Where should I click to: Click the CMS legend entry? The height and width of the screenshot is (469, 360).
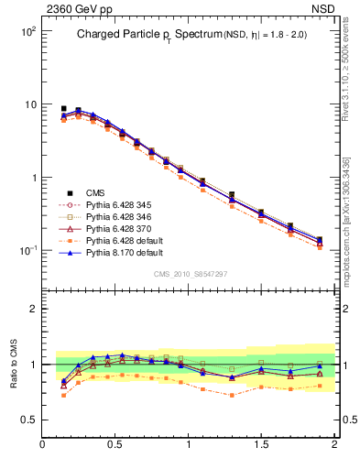(x=95, y=192)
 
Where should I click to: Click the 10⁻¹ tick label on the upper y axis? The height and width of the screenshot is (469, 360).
(x=27, y=250)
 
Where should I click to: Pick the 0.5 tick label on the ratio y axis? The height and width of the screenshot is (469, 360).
(x=27, y=420)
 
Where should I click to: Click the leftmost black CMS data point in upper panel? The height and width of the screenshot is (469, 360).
(x=63, y=108)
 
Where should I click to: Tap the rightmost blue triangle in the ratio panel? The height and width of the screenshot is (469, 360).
(x=320, y=366)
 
